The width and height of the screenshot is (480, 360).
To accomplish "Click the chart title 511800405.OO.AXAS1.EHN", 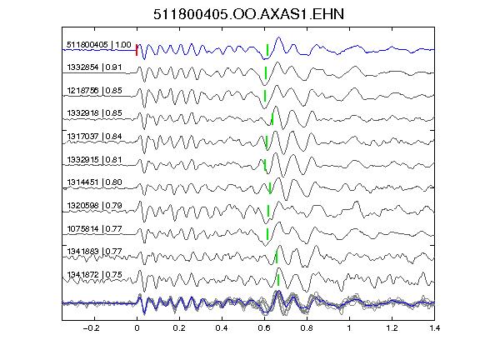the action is point(248,14).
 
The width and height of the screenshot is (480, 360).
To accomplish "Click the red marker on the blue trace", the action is point(137,50).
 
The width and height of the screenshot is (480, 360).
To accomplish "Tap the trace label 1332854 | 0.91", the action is point(94,67).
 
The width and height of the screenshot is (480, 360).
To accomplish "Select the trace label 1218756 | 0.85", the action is point(94,91).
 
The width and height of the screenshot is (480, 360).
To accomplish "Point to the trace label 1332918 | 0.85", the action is point(94,113).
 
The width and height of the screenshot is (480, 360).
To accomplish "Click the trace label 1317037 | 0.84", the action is point(94,136).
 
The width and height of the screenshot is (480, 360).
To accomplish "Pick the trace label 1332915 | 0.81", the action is point(94,160).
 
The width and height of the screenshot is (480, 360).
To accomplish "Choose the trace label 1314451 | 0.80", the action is point(94,182).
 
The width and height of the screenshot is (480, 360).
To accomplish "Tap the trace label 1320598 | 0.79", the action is point(94,205).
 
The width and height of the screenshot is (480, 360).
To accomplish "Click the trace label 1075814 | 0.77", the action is point(94,229).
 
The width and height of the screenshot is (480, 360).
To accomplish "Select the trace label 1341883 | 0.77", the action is point(94,252).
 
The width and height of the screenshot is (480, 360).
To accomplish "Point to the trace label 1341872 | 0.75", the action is point(94,275).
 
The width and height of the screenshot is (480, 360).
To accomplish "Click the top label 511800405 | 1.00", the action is point(99,45).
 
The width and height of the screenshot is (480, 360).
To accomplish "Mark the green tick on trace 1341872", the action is point(278,280).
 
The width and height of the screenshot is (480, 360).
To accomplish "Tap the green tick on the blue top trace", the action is point(267,50).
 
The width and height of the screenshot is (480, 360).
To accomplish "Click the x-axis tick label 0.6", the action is point(264,328).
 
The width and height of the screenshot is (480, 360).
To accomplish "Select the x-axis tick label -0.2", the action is point(91,328).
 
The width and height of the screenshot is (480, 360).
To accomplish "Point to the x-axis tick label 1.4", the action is point(434,328).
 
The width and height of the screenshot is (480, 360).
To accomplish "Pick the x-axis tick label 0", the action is point(137,328).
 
